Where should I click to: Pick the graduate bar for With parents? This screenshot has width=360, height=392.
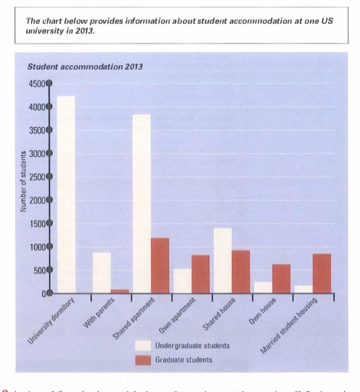pyautogui.click(x=120, y=291)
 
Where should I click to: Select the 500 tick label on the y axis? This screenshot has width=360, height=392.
pyautogui.click(x=38, y=270)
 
